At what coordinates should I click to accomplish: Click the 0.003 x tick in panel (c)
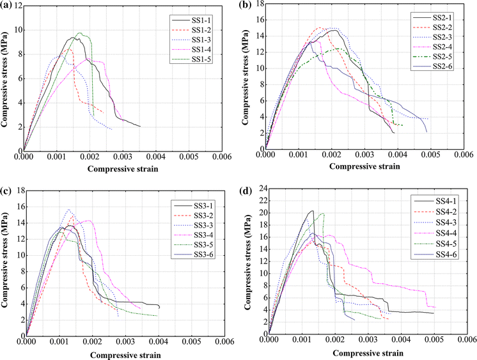pos(124,341)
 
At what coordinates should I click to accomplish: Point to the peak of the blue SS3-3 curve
pos(69,209)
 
